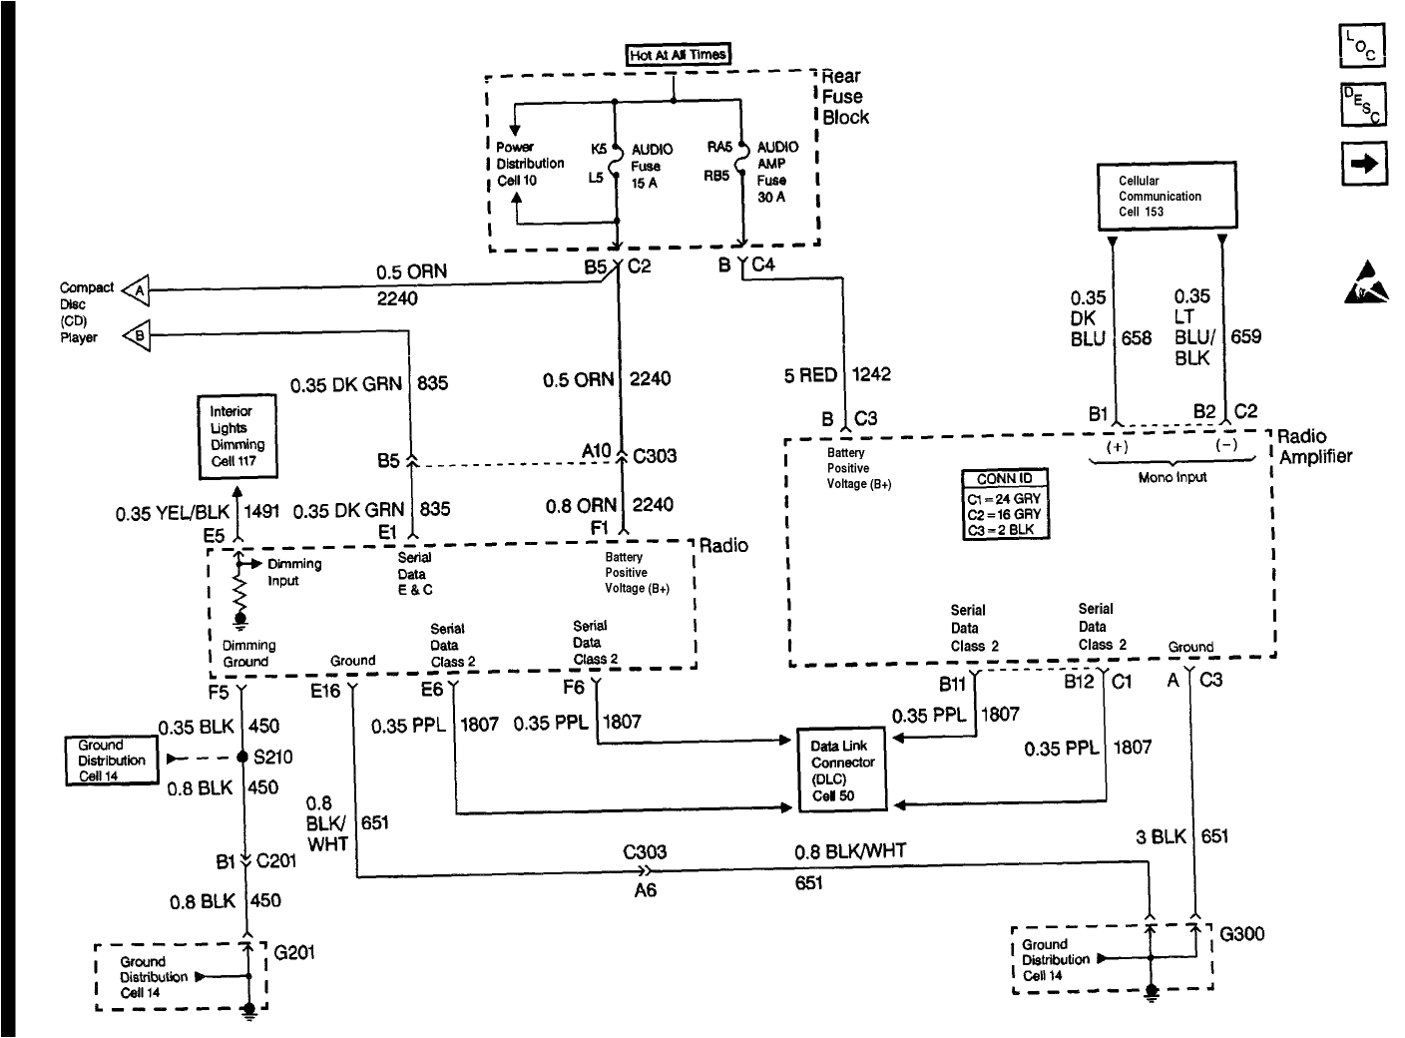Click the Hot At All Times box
pos(678,55)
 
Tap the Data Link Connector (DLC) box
pos(843,771)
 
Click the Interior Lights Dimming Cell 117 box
pos(237,436)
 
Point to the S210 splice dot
pos(242,758)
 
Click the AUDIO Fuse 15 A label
pos(651,167)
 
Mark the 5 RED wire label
pos(810,375)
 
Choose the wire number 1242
pos(871,375)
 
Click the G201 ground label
pos(294,952)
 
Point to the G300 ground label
pos(1242,934)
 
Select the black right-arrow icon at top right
pos(1362,164)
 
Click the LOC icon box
pos(1362,46)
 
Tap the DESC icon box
pos(1362,105)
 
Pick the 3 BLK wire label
pos(1161,836)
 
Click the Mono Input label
pos(1172,477)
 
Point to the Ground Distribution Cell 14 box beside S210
pos(112,761)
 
